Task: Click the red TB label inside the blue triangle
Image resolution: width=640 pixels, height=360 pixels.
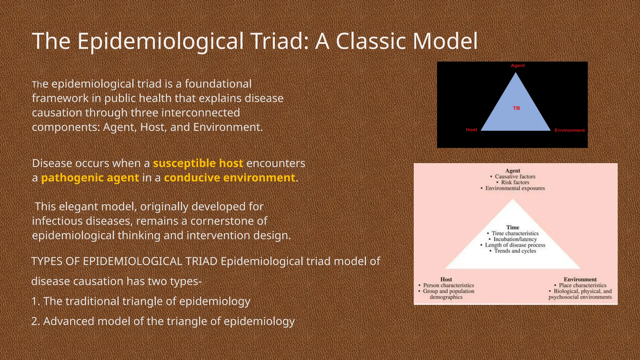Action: pos(516,108)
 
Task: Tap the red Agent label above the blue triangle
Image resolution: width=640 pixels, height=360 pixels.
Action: pos(517,65)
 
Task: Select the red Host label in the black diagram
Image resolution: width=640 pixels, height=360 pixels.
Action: pos(471,129)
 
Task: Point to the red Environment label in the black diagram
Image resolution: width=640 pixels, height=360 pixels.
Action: pos(569,130)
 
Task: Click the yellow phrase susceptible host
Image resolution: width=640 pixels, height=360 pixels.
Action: pos(198,163)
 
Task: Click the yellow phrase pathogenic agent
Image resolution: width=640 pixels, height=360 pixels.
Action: pos(90,177)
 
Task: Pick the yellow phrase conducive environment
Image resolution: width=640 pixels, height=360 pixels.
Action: pos(229,177)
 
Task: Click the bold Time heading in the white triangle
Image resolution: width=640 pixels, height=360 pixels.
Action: pos(513,227)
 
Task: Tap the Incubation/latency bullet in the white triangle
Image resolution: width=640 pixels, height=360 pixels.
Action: pos(515,239)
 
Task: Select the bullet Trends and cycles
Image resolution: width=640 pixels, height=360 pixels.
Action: pos(515,251)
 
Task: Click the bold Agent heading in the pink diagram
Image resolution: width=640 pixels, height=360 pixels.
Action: pos(512,171)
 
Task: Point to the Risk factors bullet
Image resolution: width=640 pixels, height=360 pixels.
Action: pos(515,182)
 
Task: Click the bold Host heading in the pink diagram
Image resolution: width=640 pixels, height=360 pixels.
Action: pos(446,279)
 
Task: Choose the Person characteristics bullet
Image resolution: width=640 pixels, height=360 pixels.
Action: pos(448,285)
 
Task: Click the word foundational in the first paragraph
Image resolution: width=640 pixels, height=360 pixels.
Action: pos(218,84)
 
